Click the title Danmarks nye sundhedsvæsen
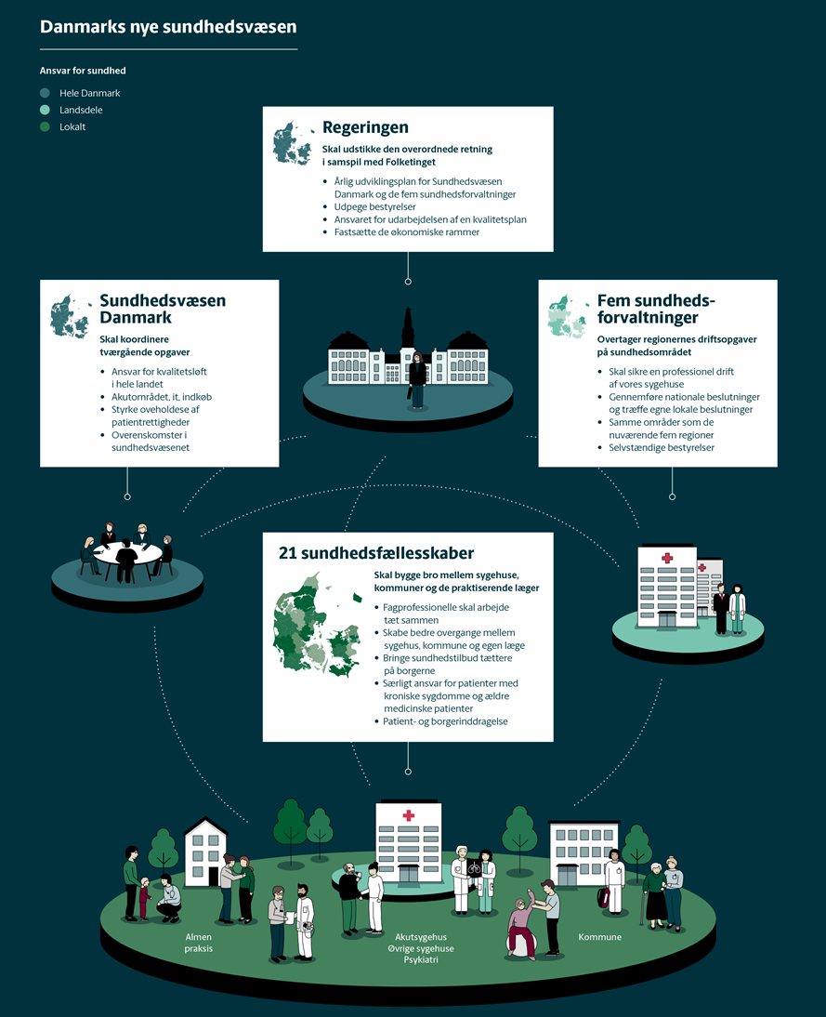pos(168,27)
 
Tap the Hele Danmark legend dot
pos(45,93)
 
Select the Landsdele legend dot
pos(45,110)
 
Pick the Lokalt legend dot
pos(45,126)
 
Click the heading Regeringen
pos(366,127)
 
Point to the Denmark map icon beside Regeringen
pos(293,143)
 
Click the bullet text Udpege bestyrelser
pos(374,207)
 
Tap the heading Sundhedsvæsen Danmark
pos(163,309)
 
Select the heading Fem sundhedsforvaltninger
pos(656,309)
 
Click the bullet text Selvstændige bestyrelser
pos(662,447)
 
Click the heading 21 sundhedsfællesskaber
pos(376,553)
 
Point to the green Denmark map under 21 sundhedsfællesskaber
pos(318,625)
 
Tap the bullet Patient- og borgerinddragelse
pos(445,721)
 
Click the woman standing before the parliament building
pos(417,380)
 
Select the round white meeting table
pos(127,553)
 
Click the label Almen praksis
pos(199,943)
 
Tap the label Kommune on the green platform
pos(599,936)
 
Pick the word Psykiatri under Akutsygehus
pos(421,959)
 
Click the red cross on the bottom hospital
pos(409,815)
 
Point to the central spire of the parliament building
pos(408,326)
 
